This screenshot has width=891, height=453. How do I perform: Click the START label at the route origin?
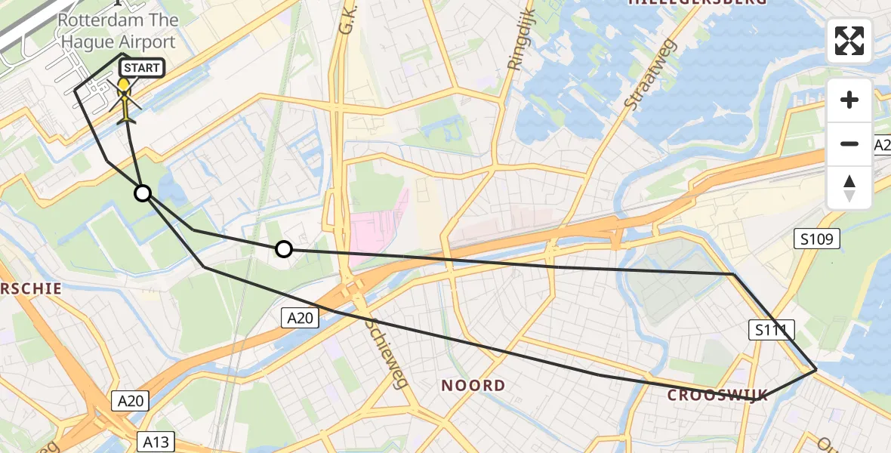click(x=140, y=68)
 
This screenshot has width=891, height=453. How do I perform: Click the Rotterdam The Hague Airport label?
click(x=118, y=31)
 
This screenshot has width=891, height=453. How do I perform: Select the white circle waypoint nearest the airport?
click(x=143, y=194)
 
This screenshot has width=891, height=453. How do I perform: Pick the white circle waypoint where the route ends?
click(x=283, y=249)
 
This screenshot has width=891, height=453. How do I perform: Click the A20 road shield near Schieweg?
click(x=300, y=319)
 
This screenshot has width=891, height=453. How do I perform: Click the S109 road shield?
click(x=817, y=240)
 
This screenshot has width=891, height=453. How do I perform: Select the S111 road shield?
click(x=771, y=329)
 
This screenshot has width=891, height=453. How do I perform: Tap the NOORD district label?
click(x=473, y=386)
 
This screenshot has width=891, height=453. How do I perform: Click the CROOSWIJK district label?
click(x=717, y=396)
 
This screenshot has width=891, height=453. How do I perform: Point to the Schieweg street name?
click(x=386, y=351)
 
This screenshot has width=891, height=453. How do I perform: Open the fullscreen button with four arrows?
click(x=849, y=41)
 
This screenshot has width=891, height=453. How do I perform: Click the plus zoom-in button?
click(x=849, y=100)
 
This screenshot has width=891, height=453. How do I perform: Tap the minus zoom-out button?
click(x=849, y=143)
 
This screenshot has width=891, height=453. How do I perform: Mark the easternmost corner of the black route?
click(x=816, y=370)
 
